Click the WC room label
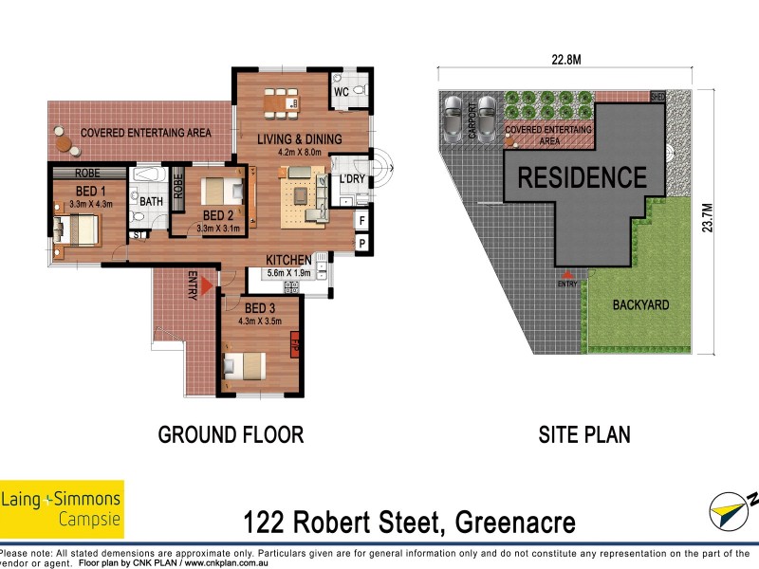pyautogui.click(x=341, y=92)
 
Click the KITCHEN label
pyautogui.click(x=288, y=260)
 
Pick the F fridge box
pyautogui.click(x=361, y=221)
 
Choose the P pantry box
pyautogui.click(x=361, y=243)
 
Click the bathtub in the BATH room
pyautogui.click(x=149, y=177)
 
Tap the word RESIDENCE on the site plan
pyautogui.click(x=582, y=177)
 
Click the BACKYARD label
pyautogui.click(x=640, y=305)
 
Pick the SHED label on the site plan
pyautogui.click(x=657, y=97)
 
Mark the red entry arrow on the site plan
pyautogui.click(x=567, y=274)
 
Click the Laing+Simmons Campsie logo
pyautogui.click(x=62, y=509)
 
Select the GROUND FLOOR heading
pyautogui.click(x=231, y=435)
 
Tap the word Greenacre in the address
pyautogui.click(x=515, y=522)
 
